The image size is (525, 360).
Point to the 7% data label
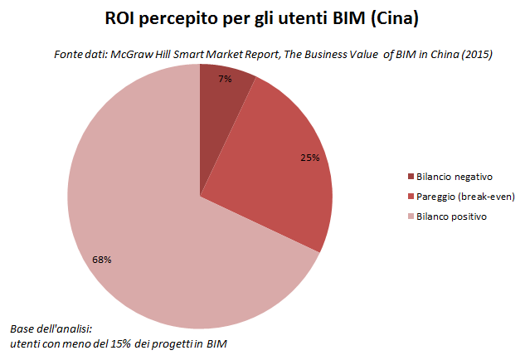coord(225,80)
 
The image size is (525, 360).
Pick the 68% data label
coord(102,260)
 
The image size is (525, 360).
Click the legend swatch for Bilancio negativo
coord(411,176)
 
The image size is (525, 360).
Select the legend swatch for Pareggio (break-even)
coord(411,196)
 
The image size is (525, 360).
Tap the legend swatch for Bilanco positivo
coord(411,216)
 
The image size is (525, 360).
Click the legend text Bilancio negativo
coord(455,176)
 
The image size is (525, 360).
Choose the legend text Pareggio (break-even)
coord(465,196)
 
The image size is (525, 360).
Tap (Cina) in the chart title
coord(394,18)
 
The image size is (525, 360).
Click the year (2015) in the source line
coord(476,56)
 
